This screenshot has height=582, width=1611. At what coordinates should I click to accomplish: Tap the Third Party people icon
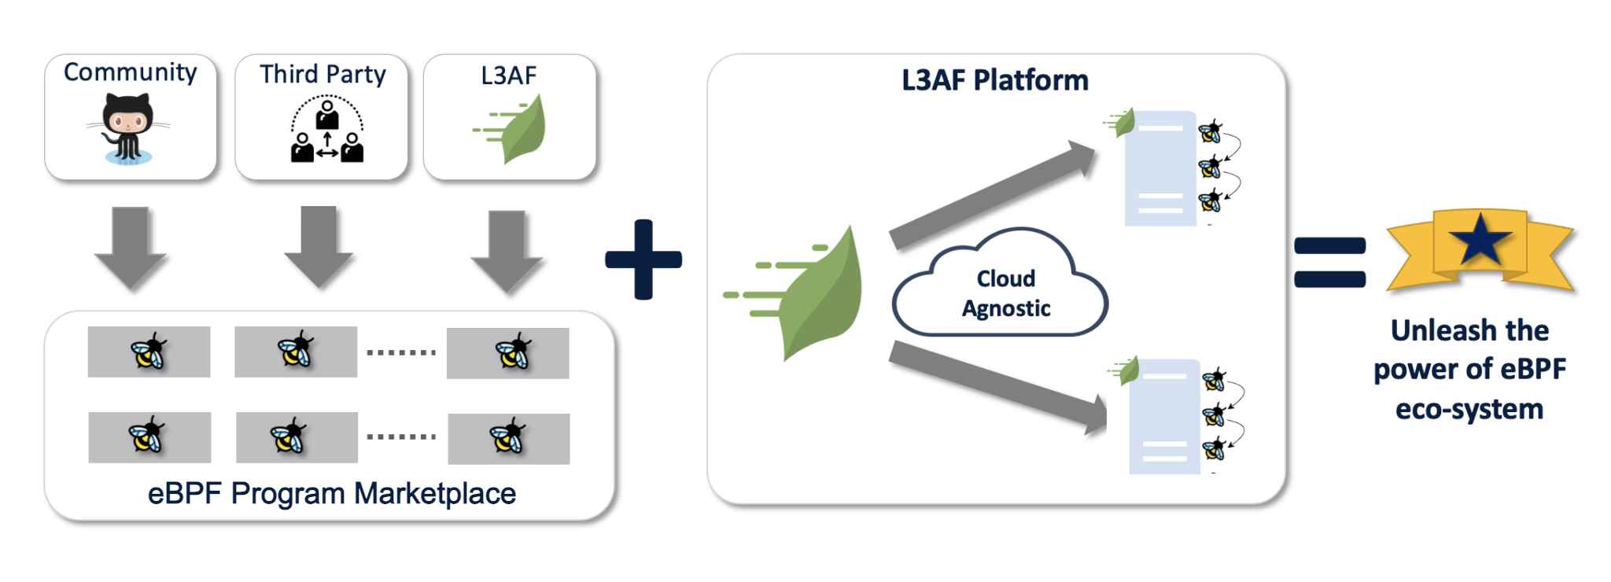[327, 129]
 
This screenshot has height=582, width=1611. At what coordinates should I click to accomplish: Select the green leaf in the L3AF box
[511, 129]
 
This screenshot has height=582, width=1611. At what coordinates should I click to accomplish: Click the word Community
[131, 72]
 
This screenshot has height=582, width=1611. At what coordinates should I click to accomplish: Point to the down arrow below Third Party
[319, 247]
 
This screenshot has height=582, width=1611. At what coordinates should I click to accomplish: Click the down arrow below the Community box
[131, 248]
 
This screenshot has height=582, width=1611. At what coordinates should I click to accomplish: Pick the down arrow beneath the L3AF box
[507, 251]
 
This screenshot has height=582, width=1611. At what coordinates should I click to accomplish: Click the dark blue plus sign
[643, 260]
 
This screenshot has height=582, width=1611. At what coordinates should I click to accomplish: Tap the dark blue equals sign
[1330, 262]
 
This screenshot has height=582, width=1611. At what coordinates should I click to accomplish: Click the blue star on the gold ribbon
[1480, 239]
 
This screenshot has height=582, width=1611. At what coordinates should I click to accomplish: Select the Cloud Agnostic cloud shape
[1000, 283]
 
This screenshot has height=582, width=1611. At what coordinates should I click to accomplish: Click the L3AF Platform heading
[995, 80]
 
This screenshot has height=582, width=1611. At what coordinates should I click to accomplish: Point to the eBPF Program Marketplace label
[332, 494]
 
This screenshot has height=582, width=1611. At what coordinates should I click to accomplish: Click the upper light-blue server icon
[1160, 168]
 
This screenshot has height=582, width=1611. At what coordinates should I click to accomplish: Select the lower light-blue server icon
[1164, 417]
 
